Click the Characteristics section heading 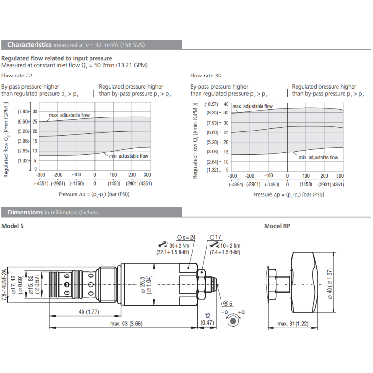pyautogui.click(x=29, y=45)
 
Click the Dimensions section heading pyautogui.click(x=25, y=212)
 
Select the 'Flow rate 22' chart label pyautogui.click(x=17, y=75)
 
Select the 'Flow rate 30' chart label pyautogui.click(x=206, y=75)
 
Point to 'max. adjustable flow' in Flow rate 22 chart pyautogui.click(x=69, y=115)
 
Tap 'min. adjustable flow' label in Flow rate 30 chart pyautogui.click(x=318, y=158)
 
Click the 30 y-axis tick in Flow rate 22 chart pyautogui.click(x=35, y=112)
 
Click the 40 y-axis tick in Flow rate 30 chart pyautogui.click(x=226, y=104)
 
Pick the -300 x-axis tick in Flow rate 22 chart pyautogui.click(x=41, y=174)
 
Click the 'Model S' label pyautogui.click(x=13, y=226)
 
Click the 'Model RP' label pyautogui.click(x=277, y=226)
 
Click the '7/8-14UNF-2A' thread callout pyautogui.click(x=4, y=284)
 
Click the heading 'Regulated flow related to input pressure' pyautogui.click(x=56, y=58)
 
